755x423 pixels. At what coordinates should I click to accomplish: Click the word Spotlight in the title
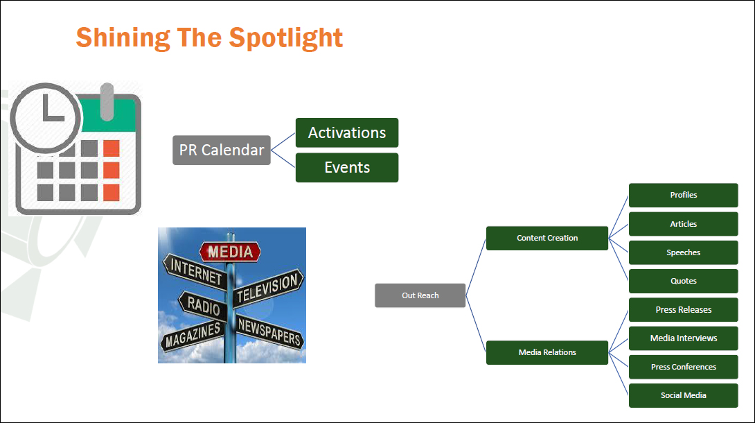coord(285,38)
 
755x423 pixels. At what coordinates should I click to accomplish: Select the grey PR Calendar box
coord(222,150)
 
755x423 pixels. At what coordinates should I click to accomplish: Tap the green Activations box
coord(347,132)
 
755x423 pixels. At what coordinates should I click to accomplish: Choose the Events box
coord(347,168)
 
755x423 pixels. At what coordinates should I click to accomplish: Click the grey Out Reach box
coord(420,295)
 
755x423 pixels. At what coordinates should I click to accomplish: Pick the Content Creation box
coord(547,238)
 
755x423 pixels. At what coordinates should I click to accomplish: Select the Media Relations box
coord(547,353)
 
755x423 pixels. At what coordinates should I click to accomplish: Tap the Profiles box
coord(683,195)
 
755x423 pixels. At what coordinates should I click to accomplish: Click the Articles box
coord(683,224)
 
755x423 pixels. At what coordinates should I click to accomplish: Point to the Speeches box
coord(683,252)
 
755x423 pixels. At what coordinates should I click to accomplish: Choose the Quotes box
coord(683,281)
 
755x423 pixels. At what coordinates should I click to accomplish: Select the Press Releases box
coord(683,310)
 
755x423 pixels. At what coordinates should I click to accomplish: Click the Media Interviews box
coord(683,338)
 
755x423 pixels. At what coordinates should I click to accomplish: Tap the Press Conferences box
coord(683,367)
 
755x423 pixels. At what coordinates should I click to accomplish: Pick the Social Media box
coord(683,395)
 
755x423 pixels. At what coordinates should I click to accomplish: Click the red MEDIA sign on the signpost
coord(230,252)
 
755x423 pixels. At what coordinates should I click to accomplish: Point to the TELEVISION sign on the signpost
coord(269,286)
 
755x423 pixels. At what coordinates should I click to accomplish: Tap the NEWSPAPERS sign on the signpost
coord(269,332)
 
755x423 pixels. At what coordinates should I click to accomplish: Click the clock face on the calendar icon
coord(46,118)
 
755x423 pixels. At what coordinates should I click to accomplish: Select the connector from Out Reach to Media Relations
coord(476,324)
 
